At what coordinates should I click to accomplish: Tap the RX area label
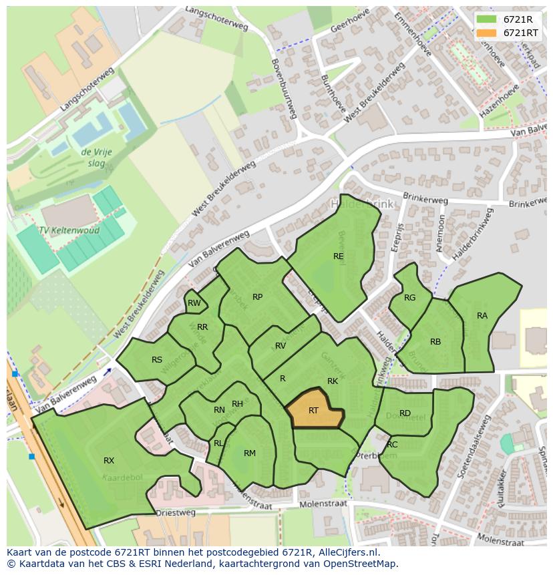109,461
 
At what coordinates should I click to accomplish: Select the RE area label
339,256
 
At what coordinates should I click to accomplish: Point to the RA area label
482,316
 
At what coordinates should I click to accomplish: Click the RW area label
194,303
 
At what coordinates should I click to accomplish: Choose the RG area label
409,298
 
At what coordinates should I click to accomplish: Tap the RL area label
218,443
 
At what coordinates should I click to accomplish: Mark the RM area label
250,453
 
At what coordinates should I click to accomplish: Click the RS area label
157,360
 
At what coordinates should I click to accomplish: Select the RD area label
405,413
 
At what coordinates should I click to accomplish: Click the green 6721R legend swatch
486,19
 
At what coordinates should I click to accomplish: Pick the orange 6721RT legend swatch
486,33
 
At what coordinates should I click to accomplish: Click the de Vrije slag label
97,158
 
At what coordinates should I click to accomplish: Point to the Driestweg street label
175,513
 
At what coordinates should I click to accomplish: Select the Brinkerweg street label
425,200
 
